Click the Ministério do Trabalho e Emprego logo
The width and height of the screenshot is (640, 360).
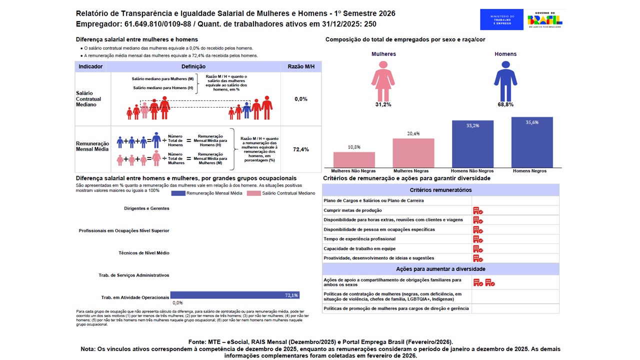pos(501,19)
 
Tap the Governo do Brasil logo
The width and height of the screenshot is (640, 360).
pos(545,19)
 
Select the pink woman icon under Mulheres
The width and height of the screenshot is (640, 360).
pos(383,81)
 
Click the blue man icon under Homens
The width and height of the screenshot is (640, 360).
pos(505,81)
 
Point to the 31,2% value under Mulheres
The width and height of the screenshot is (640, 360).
pos(383,104)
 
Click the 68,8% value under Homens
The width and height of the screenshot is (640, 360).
pos(505,104)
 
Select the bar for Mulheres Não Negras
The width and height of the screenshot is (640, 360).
pos(354,159)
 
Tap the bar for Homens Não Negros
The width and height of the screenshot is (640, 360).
pos(472,144)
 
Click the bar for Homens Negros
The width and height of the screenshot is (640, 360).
pos(532,142)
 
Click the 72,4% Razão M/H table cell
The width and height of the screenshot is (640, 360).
pos(301,149)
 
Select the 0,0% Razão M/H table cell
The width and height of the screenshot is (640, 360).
pos(301,99)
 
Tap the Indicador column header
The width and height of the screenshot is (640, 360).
pos(90,66)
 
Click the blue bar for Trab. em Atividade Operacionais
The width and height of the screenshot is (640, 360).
pos(234,295)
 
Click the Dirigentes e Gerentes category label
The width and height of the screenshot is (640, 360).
pos(146,208)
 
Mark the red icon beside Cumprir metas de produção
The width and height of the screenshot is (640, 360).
pos(478,210)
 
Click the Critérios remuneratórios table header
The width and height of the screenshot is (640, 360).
pos(440,190)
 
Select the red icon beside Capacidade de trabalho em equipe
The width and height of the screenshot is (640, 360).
pos(478,249)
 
